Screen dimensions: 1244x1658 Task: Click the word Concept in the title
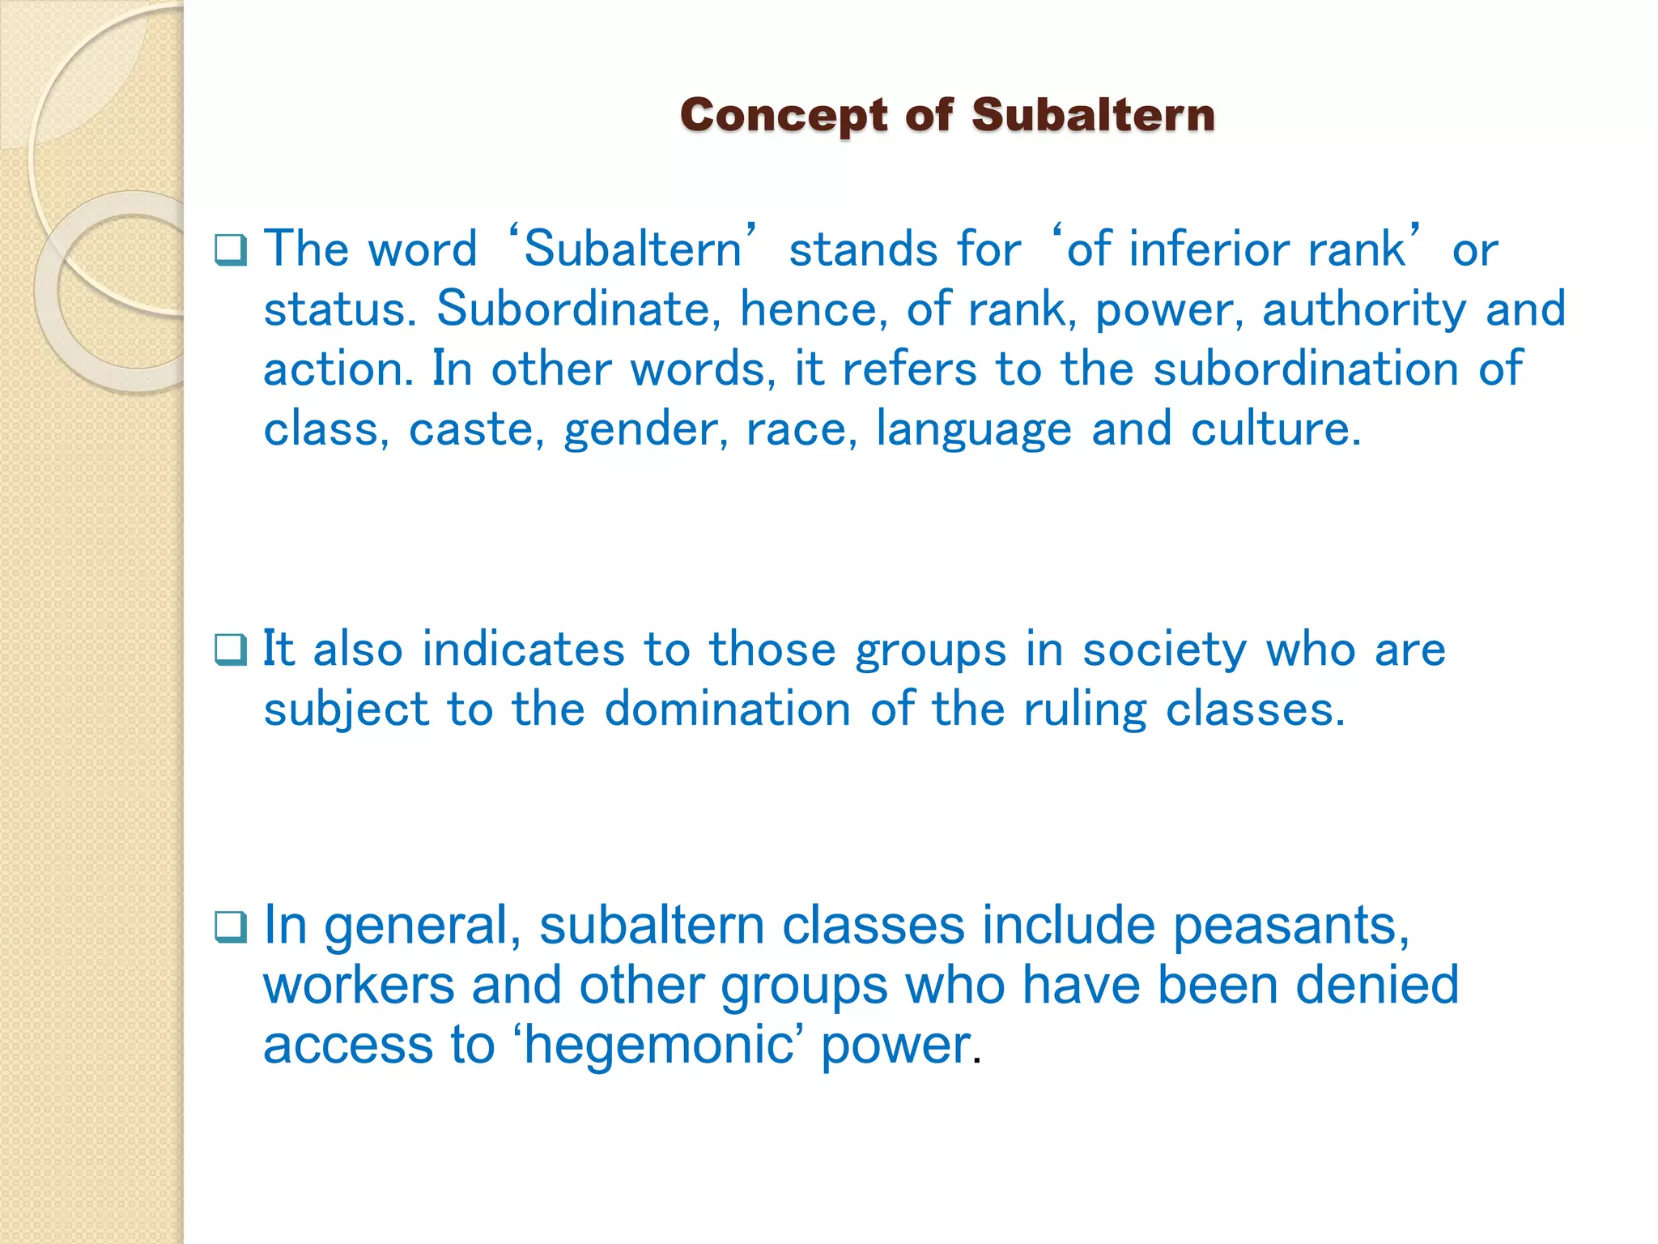tap(784, 115)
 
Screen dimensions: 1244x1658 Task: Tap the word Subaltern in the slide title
tap(1093, 115)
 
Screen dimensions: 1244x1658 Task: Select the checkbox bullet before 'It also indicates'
tap(231, 650)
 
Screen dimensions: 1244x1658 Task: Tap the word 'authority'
tap(1364, 310)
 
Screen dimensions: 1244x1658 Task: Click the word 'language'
tap(974, 430)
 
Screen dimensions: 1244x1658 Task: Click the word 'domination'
tap(727, 709)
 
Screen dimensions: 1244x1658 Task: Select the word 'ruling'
tap(1085, 711)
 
